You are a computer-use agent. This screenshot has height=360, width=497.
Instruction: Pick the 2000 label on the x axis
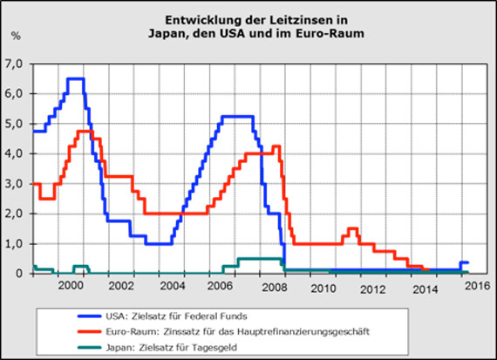point(70,287)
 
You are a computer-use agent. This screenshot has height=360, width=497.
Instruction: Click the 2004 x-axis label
point(172,287)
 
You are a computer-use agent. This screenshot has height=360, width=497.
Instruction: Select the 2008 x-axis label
point(273,287)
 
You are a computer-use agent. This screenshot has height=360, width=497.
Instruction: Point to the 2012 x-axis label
point(374,287)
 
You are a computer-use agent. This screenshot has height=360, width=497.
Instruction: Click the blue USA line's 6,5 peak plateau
point(76,78)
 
